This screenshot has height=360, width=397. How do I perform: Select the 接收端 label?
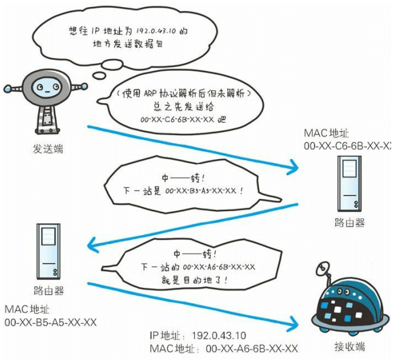tap(349, 347)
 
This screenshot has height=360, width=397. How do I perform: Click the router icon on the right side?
tap(348, 185)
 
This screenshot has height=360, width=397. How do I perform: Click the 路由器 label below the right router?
tap(349, 223)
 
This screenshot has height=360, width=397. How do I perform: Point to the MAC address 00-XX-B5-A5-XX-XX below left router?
tap(50, 321)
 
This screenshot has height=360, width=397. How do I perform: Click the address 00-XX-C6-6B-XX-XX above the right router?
tap(349, 147)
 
